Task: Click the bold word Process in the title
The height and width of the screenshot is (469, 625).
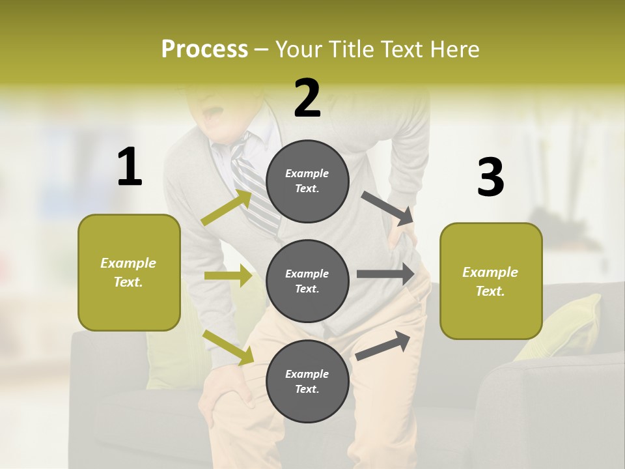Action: [x=204, y=49]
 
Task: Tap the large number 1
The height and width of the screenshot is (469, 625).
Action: [x=130, y=167]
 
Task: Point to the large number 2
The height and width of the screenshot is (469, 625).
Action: [x=307, y=98]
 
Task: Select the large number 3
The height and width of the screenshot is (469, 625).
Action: [x=490, y=177]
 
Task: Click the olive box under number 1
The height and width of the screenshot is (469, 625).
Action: [x=129, y=272]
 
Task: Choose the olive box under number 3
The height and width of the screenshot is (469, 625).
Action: [x=491, y=281]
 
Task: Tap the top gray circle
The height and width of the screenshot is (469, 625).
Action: [x=307, y=181]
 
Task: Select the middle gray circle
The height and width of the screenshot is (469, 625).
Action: [x=307, y=281]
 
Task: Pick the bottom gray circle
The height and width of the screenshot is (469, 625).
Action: [x=307, y=381]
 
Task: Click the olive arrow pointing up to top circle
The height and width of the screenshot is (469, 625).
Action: [x=227, y=208]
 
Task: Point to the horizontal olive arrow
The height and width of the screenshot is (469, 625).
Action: [x=228, y=276]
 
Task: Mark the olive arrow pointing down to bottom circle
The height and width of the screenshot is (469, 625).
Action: [x=229, y=347]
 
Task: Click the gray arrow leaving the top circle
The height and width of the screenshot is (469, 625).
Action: [x=388, y=208]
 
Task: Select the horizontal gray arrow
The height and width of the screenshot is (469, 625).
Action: [x=385, y=274]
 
